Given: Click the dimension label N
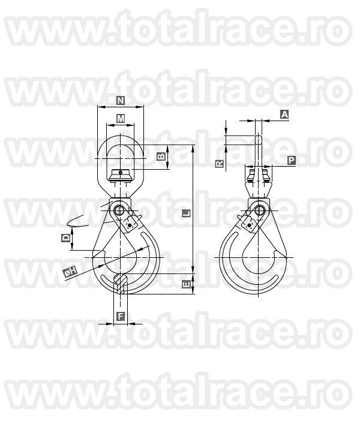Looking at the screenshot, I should pos(121,101).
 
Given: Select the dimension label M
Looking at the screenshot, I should pos(121,118).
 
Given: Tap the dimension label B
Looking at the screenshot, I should pos(161,157).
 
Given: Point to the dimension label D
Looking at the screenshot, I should pos(67,239).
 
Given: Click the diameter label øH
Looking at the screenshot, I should pos(70,272).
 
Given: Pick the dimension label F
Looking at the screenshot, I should pos(121,316).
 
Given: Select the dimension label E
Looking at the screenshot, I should pos(186,284).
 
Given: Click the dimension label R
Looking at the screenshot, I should pos(220,163).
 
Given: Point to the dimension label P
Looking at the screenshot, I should pos(291,160).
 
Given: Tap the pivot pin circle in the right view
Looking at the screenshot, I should pos(259,211).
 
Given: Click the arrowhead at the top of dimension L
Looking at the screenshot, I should pos(193,148).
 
